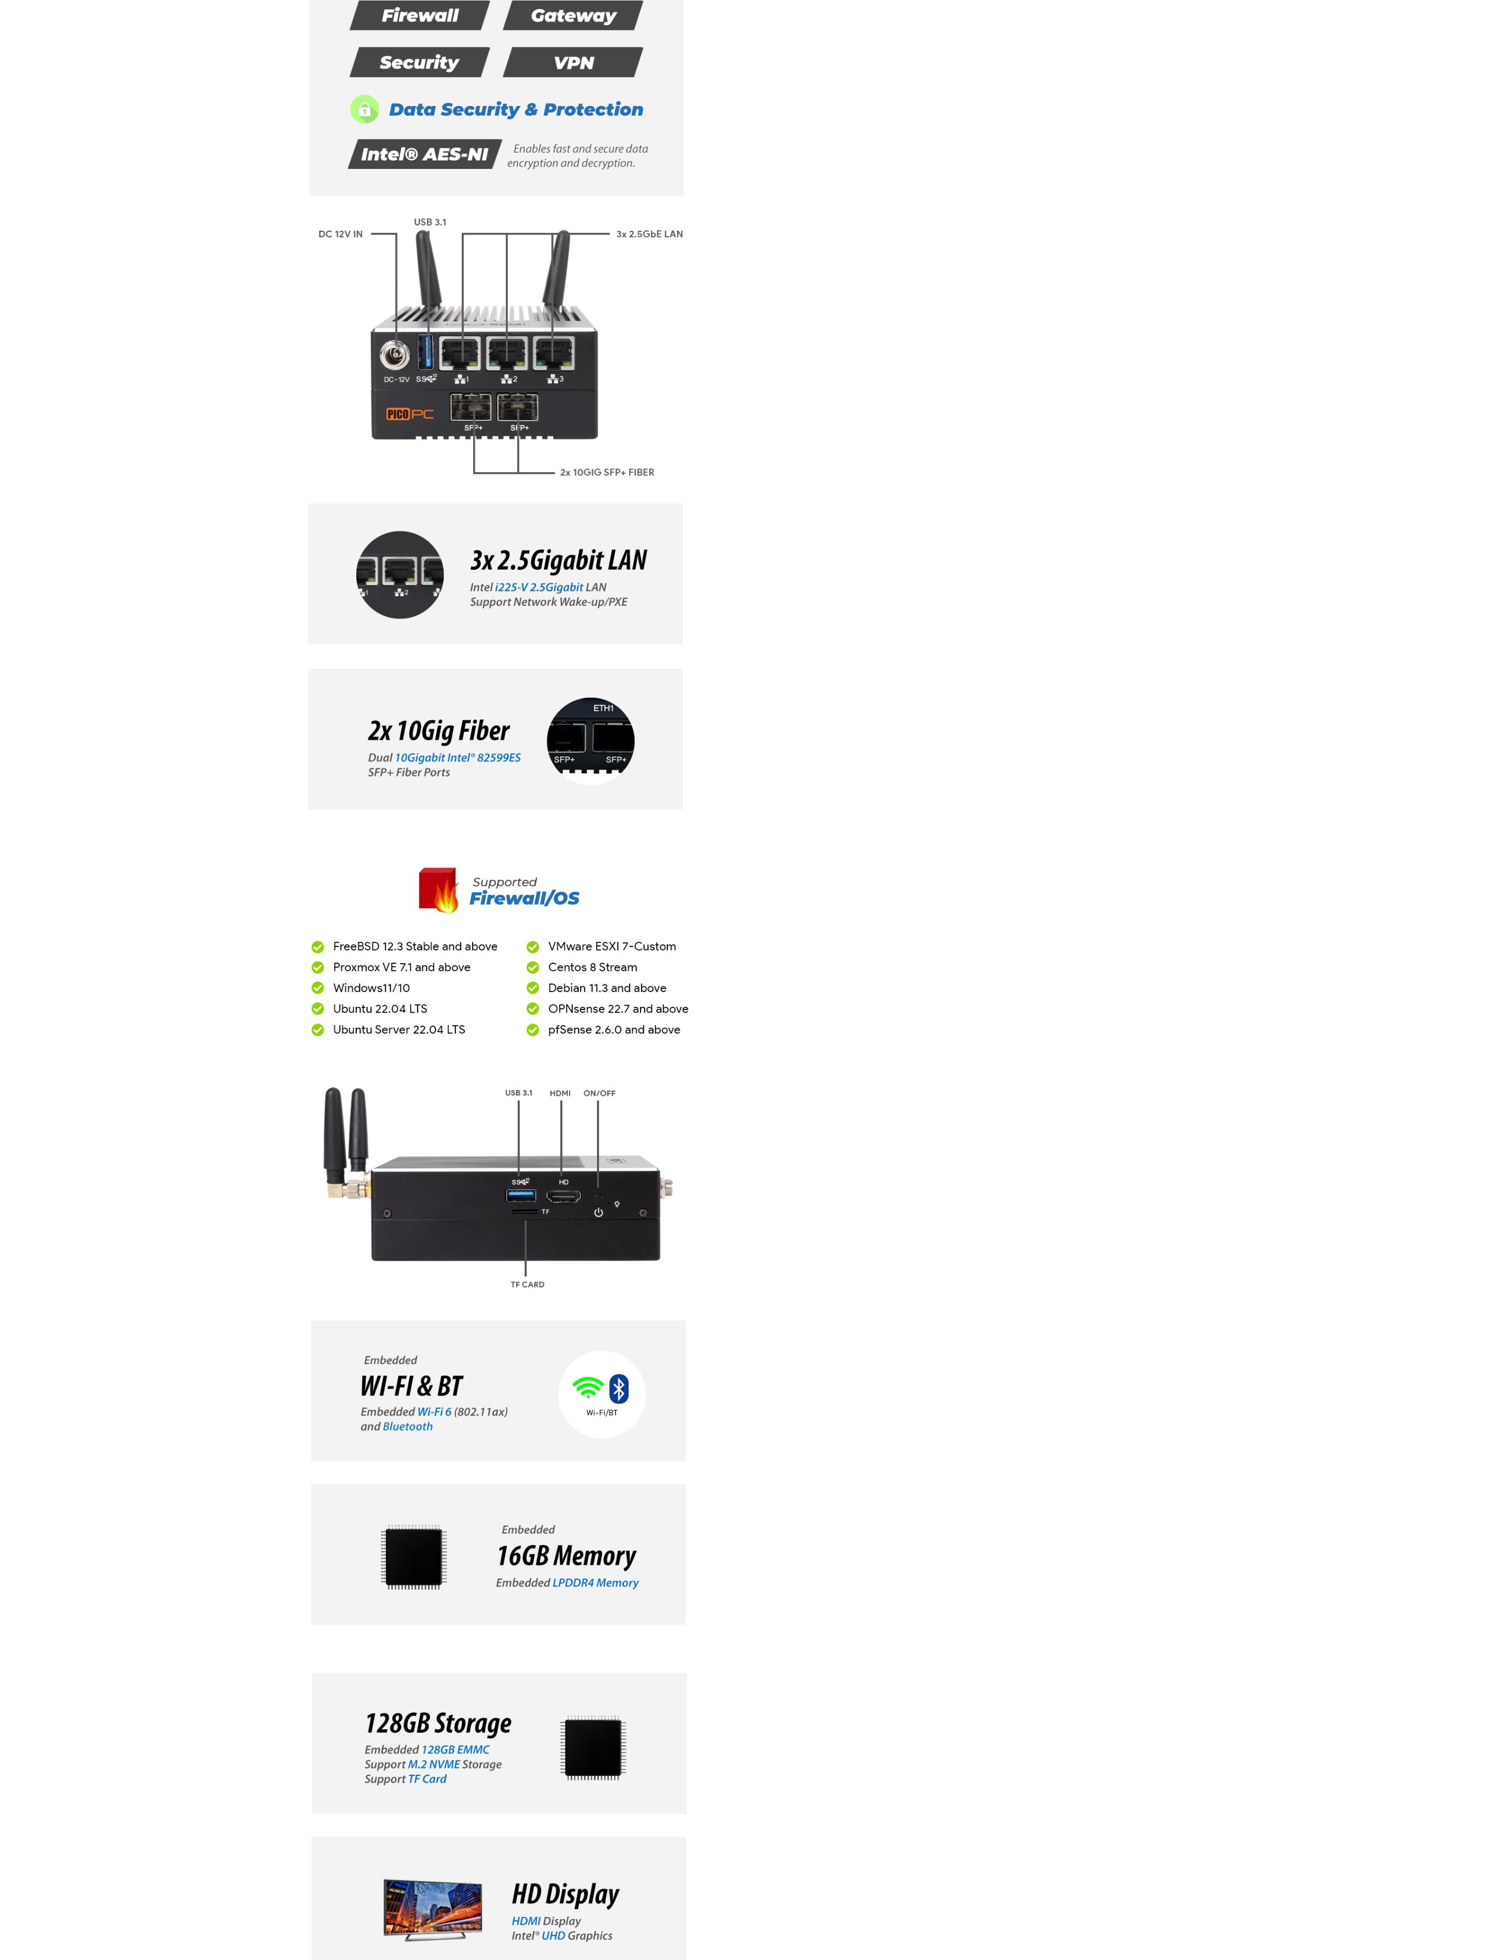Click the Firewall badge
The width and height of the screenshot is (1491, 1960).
tap(420, 15)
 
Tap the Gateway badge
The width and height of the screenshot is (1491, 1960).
tap(573, 15)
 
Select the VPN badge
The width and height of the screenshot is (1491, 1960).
tap(573, 62)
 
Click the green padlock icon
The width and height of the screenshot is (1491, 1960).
tap(364, 109)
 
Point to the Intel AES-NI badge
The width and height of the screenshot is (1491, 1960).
tap(424, 154)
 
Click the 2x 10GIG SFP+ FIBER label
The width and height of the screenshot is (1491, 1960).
tap(607, 472)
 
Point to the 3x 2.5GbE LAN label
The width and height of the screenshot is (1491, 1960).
tap(649, 234)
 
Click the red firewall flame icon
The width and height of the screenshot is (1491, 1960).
tap(439, 890)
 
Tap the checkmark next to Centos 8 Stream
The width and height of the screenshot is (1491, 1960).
tap(532, 967)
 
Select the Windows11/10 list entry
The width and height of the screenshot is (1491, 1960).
tap(371, 987)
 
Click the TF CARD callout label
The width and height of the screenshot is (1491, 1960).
tap(527, 1284)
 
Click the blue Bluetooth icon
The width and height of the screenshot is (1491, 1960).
tap(619, 1389)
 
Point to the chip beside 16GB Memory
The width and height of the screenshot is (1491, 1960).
tap(413, 1556)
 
